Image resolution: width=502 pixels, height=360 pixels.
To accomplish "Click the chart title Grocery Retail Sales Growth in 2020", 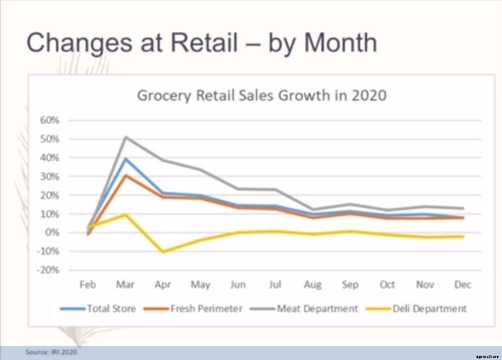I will click(x=262, y=95).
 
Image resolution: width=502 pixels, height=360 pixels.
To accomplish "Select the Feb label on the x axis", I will click(x=88, y=285).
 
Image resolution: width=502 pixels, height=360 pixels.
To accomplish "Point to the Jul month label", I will click(x=275, y=285).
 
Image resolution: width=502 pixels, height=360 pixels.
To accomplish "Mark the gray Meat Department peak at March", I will click(x=125, y=137).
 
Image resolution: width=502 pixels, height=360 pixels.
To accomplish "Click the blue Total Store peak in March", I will click(x=125, y=158).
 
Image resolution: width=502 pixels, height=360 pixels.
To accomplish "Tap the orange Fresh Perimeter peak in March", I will click(x=125, y=175).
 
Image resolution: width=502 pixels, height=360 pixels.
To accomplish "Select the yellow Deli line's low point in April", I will click(x=163, y=252).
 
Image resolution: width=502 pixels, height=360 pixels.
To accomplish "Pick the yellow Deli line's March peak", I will click(x=125, y=215).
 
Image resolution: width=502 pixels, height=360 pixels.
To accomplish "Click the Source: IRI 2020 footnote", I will click(x=51, y=352).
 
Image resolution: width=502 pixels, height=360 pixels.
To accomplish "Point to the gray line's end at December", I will click(x=463, y=208).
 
